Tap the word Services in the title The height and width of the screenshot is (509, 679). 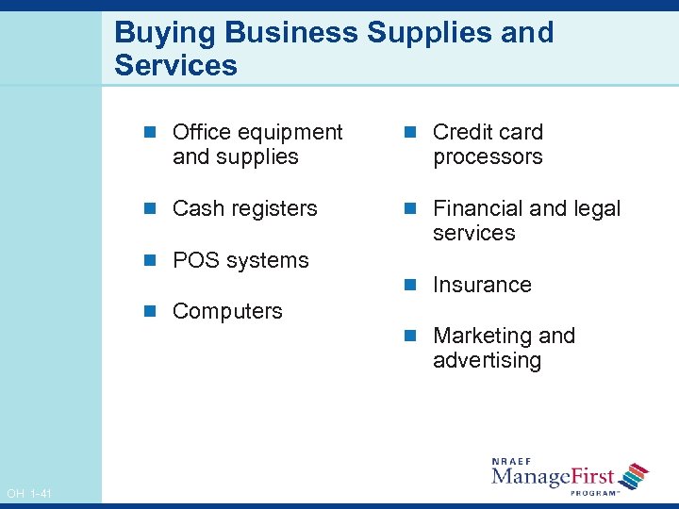point(175,66)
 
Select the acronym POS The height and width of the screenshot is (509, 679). point(194,260)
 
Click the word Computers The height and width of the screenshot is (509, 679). point(227,311)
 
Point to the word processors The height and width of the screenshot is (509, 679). point(488,156)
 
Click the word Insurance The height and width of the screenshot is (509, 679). point(482,285)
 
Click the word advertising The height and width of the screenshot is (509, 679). point(487,360)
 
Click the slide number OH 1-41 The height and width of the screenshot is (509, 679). point(29,494)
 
